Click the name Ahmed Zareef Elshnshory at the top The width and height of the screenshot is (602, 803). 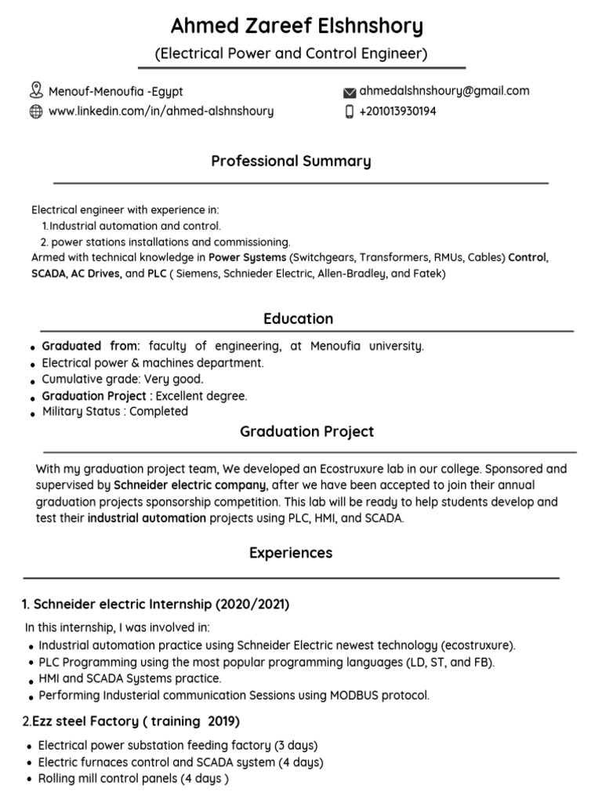click(297, 27)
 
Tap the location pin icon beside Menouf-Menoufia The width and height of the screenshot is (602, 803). click(35, 90)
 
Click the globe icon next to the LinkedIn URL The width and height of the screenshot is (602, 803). click(35, 111)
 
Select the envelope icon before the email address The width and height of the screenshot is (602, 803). click(350, 92)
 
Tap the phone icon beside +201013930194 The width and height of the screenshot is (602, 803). click(350, 111)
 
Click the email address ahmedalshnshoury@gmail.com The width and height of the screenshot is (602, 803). click(444, 91)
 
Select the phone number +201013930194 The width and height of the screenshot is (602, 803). click(397, 111)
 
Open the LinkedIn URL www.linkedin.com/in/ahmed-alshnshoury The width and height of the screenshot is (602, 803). click(161, 111)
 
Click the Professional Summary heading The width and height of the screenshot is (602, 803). click(291, 162)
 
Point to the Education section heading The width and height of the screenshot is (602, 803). click(298, 318)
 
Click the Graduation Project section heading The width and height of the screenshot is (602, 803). click(306, 432)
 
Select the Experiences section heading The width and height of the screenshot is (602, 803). click(291, 553)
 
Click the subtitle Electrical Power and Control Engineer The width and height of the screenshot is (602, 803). click(291, 54)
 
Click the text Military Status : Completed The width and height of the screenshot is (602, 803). click(114, 411)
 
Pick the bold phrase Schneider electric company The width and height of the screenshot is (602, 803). click(190, 485)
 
